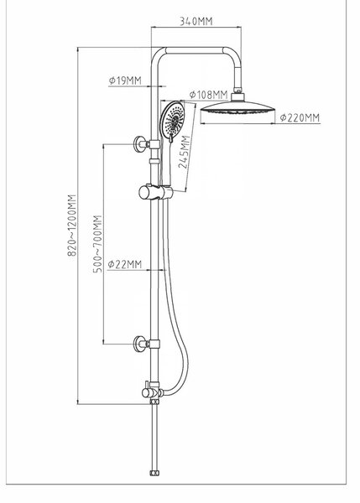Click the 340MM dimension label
[196, 21]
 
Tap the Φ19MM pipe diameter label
[125, 80]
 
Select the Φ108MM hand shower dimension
[208, 95]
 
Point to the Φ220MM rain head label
[300, 117]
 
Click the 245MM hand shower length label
[185, 152]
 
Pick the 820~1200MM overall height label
[71, 225]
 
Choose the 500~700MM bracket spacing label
[97, 244]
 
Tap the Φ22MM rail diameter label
[124, 264]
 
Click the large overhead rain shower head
[237, 108]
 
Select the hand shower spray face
[173, 119]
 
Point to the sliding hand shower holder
[155, 192]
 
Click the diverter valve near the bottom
[153, 391]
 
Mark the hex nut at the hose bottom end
[154, 473]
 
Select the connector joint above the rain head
[237, 91]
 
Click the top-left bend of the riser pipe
[157, 54]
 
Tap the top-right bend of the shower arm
[233, 54]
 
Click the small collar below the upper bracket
[154, 161]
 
